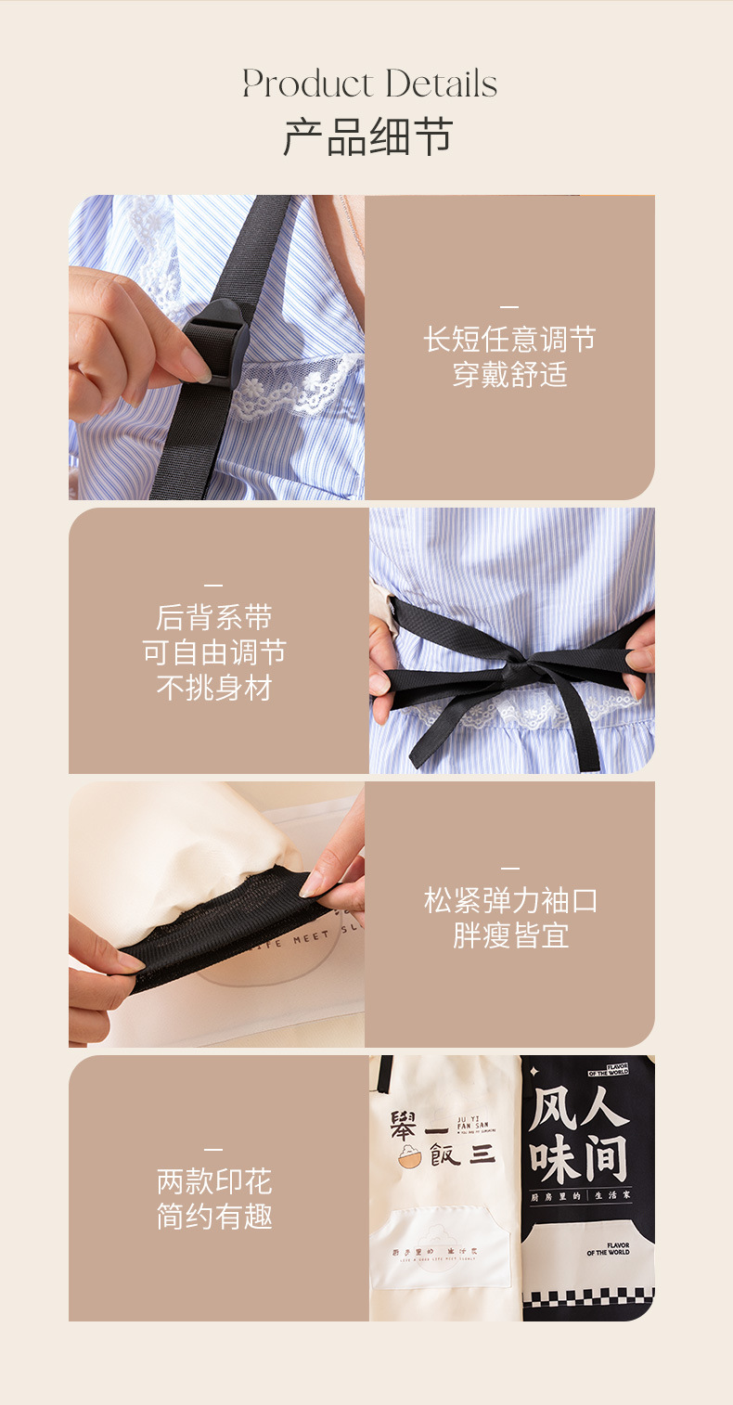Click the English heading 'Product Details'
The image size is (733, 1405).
pyautogui.click(x=369, y=84)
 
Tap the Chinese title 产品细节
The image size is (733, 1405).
pyautogui.click(x=367, y=137)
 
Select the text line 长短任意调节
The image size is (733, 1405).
pyautogui.click(x=509, y=340)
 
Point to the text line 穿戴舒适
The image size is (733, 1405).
pyautogui.click(x=509, y=375)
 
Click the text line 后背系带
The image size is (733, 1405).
pyautogui.click(x=213, y=617)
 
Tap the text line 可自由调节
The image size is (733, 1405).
pyautogui.click(x=213, y=652)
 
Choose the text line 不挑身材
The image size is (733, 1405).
pyautogui.click(x=213, y=689)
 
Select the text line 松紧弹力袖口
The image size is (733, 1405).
pyautogui.click(x=509, y=900)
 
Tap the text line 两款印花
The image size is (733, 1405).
pyautogui.click(x=213, y=1181)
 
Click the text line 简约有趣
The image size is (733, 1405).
pyautogui.click(x=213, y=1217)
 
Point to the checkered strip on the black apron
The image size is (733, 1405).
pyautogui.click(x=588, y=1295)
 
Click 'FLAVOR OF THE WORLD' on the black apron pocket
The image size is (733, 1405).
pyautogui.click(x=608, y=1248)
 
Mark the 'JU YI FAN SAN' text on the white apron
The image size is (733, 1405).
pyautogui.click(x=473, y=1122)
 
